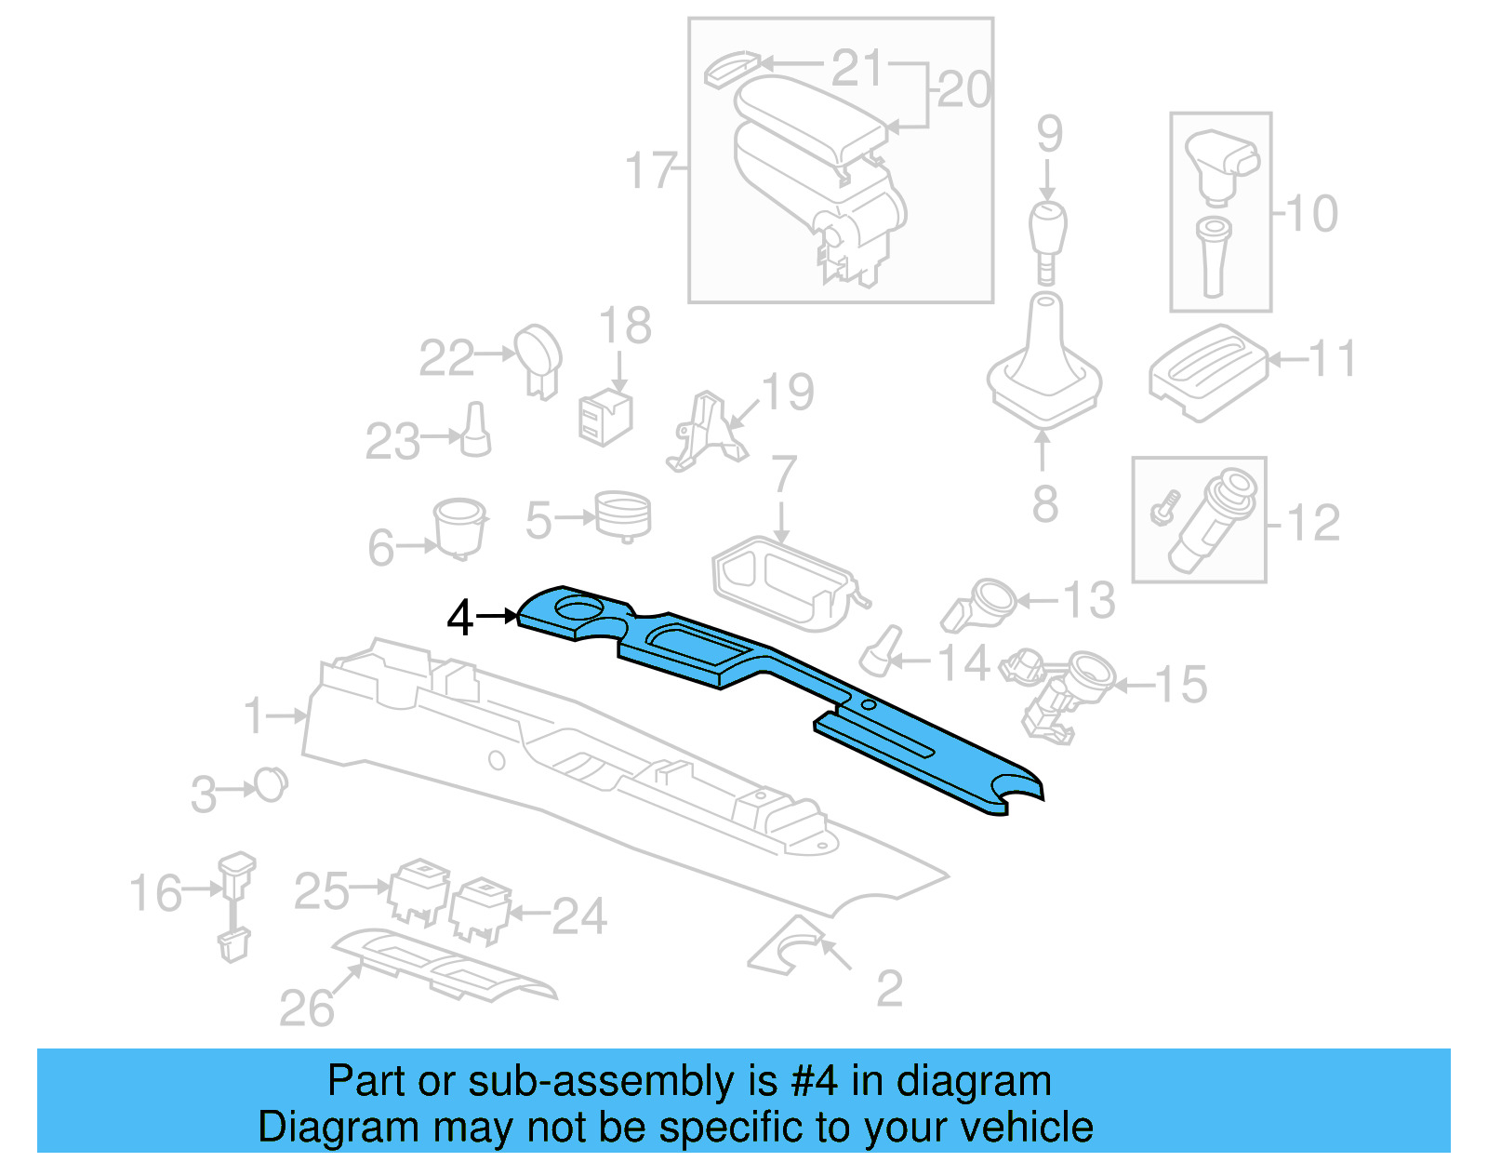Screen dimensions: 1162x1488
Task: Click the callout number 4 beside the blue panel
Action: tap(459, 618)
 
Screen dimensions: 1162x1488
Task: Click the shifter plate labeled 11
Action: tap(1206, 372)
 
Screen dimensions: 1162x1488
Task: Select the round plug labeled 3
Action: tap(271, 785)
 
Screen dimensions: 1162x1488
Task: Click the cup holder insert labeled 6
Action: tap(459, 527)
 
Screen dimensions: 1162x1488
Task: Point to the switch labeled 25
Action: tap(418, 891)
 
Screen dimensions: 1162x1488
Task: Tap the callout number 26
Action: tap(306, 1008)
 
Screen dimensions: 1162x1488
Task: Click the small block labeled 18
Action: tap(604, 418)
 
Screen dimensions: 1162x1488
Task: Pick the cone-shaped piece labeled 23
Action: tap(476, 432)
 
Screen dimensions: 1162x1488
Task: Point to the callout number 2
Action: tap(889, 988)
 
